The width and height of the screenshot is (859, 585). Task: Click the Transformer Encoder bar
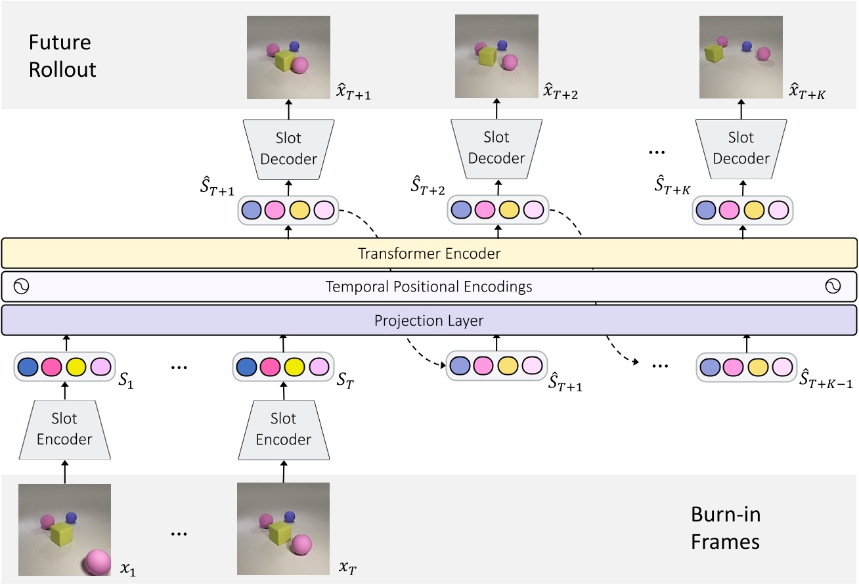click(x=429, y=253)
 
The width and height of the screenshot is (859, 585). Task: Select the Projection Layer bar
click(x=429, y=320)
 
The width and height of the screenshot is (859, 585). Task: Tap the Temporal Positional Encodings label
click(x=429, y=287)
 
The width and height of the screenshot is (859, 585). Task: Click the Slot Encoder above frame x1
click(x=64, y=429)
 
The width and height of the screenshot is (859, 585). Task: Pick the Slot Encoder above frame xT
click(x=283, y=429)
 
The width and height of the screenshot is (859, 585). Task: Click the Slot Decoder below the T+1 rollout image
click(x=289, y=148)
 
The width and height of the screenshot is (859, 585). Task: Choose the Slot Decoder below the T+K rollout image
click(x=741, y=148)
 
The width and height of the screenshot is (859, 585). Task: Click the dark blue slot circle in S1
click(x=28, y=366)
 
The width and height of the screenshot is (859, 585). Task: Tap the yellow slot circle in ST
click(x=295, y=366)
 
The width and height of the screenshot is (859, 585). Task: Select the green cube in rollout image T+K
click(x=713, y=53)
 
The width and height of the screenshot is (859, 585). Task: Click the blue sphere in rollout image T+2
click(x=502, y=45)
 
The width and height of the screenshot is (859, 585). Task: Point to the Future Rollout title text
click(x=62, y=56)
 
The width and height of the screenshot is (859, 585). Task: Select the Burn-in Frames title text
click(x=726, y=528)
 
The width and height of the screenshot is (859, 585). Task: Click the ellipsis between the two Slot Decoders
click(x=656, y=152)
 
